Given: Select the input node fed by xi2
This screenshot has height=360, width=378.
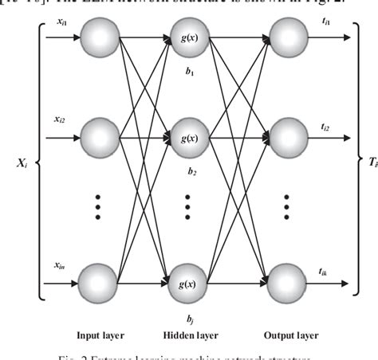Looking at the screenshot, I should pyautogui.click(x=100, y=138).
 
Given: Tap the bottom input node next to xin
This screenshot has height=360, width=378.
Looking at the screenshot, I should pyautogui.click(x=100, y=280).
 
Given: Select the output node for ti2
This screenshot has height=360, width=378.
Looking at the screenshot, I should pyautogui.click(x=288, y=138).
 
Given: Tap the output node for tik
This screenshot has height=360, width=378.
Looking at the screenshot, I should pyautogui.click(x=288, y=280).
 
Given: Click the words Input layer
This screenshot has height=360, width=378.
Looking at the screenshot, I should pyautogui.click(x=99, y=336).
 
